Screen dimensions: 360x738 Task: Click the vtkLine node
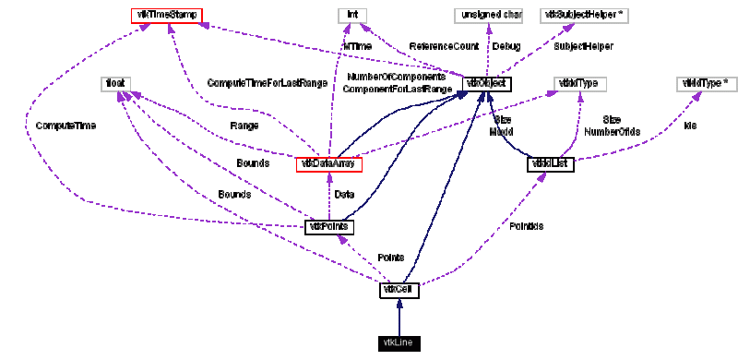(x=399, y=343)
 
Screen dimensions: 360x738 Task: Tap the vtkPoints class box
(x=329, y=227)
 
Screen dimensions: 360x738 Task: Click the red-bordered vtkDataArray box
(x=328, y=164)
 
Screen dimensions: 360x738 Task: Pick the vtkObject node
(x=486, y=84)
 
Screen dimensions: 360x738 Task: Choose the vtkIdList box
(x=552, y=164)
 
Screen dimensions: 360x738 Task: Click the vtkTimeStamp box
(x=166, y=16)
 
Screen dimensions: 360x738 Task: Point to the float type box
(x=115, y=84)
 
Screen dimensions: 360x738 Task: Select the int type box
(x=351, y=16)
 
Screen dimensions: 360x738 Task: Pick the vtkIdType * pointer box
(x=705, y=84)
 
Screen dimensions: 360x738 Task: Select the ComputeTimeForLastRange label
(x=267, y=83)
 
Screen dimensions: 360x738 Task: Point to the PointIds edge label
(x=526, y=225)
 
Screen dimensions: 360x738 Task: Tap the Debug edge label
(x=506, y=45)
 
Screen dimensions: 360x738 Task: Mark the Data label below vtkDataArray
(x=343, y=195)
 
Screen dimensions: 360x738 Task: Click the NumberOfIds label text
(x=612, y=132)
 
